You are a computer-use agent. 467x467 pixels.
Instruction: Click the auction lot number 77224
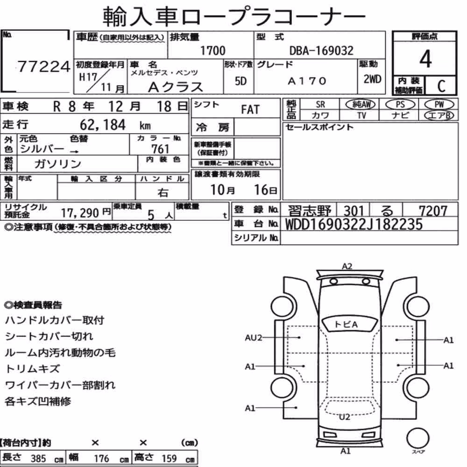click(44, 66)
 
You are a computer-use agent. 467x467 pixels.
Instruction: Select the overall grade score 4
click(425, 59)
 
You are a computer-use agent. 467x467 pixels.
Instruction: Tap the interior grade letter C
click(441, 86)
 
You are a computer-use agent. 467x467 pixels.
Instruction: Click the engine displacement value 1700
click(212, 50)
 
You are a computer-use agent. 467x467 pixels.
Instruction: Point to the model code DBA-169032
click(321, 50)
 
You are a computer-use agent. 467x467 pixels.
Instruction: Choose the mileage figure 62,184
click(103, 125)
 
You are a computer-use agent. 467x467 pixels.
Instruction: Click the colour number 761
click(160, 149)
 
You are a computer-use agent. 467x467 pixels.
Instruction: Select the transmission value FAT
click(250, 109)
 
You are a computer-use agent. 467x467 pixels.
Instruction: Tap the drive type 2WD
click(372, 79)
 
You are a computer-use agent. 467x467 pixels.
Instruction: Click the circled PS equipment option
click(400, 105)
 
